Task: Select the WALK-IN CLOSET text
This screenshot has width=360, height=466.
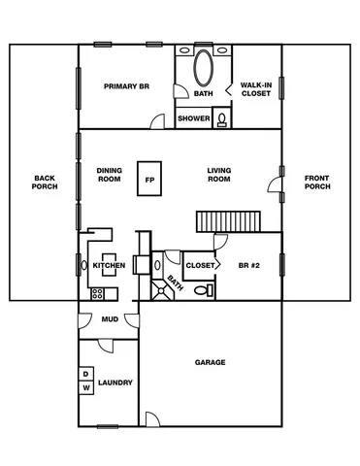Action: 255,89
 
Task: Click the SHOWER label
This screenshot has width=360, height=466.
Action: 193,119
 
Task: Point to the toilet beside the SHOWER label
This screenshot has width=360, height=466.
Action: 221,119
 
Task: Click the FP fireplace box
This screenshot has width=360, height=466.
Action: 149,180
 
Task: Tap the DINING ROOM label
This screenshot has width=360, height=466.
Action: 109,175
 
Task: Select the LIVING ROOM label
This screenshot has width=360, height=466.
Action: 218,175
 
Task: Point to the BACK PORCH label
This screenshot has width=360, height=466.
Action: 45,183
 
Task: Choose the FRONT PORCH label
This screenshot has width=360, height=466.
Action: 316,183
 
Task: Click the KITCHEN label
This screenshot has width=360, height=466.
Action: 108,265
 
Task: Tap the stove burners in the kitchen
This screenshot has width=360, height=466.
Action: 97,292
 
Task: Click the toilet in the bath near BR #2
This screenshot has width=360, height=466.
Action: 201,289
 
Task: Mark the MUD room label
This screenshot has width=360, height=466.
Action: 109,319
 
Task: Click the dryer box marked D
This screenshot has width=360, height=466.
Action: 85,374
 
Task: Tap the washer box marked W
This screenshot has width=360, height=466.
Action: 85,387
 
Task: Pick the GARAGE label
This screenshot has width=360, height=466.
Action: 210,362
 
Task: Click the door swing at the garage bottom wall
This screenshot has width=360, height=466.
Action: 150,419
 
